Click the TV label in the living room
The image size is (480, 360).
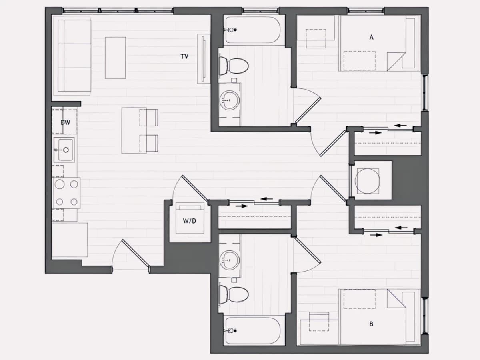pos(184,56)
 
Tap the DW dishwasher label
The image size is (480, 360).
pos(65,122)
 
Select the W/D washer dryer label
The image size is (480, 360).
pos(189,221)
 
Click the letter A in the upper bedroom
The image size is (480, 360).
pos(371,37)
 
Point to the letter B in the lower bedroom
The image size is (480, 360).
pos(371,324)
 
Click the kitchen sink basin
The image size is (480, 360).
pos(65,150)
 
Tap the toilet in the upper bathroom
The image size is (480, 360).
pos(234,66)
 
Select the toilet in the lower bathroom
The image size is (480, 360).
pos(234,294)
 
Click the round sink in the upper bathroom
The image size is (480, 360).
pos(230,100)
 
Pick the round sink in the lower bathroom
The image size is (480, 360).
pos(230,260)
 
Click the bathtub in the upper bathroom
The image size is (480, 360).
pos(253,30)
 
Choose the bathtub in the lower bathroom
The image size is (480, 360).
pos(253,330)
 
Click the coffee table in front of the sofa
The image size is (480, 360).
pos(115,58)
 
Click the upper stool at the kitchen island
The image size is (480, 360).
pos(149,118)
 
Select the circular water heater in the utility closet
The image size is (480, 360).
pos(367,181)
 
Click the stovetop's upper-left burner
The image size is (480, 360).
pos(60,184)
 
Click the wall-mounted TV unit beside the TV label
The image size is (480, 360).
pos(203,58)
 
